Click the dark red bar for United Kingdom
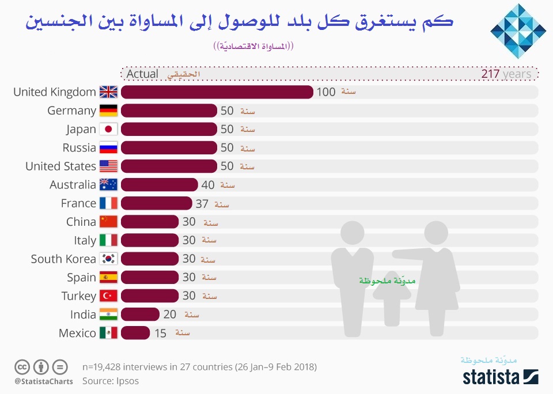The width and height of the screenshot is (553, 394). coord(217,92)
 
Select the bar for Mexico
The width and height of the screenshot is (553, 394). coord(135,333)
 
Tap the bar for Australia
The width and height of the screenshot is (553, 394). coord(159,185)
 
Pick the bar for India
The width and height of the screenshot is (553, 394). coord(140,315)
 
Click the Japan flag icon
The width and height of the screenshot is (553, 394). coord(108,129)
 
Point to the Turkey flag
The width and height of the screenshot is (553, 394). coord(108,296)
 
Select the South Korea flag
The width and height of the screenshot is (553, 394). coord(108,259)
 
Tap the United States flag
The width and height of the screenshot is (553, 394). coord(108,166)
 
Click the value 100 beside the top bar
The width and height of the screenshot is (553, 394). coord(326,92)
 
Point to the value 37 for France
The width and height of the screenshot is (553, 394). coord(202,203)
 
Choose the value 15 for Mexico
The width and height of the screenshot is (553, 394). coord(160,333)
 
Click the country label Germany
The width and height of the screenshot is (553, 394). coord(71,111)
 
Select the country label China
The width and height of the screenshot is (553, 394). coord(81,222)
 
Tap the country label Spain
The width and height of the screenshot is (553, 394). coord(81,277)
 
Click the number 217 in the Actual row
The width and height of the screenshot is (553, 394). coord(490,74)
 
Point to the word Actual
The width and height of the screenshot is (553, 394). coord(142,74)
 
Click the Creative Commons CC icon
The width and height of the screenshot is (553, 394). coord(22,367)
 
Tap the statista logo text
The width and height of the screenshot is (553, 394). coord(491,377)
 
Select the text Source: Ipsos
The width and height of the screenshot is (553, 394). coord(110,381)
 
